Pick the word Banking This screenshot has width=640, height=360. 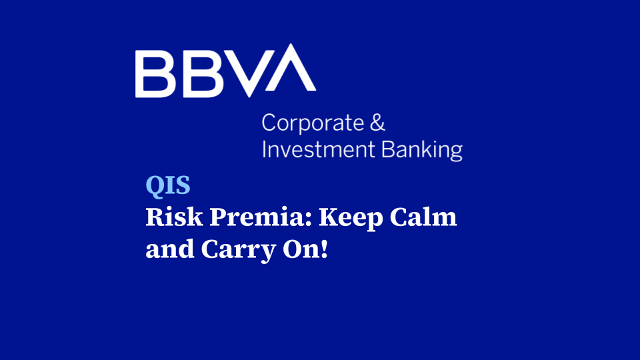click(x=422, y=150)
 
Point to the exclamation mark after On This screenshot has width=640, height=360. click(x=325, y=250)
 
